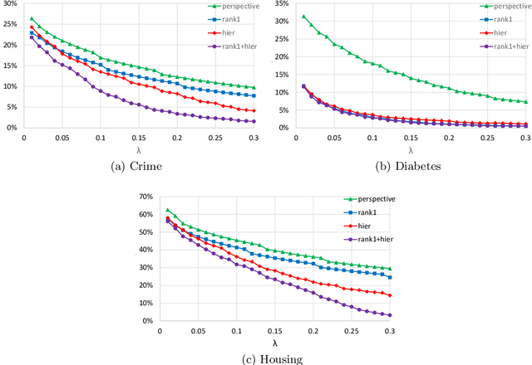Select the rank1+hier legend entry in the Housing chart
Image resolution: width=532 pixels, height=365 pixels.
pos(372,240)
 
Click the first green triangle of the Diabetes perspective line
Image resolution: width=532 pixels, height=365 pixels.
pos(303,17)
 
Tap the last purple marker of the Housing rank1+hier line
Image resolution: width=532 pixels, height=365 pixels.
pos(389,315)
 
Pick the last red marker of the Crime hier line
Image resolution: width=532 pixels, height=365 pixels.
pos(254,111)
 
